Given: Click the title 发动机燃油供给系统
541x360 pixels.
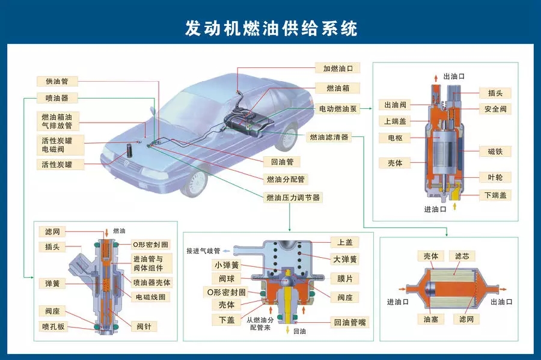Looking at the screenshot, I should coord(270,28).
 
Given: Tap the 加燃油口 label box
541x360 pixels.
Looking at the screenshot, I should coord(338,69).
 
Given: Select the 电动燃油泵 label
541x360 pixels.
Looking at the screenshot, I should coord(338,109).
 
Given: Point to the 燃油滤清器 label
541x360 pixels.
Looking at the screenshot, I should coord(328,137).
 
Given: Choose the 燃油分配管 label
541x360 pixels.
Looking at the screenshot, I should coord(285,179).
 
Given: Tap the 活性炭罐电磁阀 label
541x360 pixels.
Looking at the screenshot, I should coord(57,144).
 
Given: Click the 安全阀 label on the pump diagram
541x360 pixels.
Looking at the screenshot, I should coord(495,109).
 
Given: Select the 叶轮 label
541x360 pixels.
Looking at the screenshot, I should coord(495,177).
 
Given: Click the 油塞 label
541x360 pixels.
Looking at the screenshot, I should coord(430,319).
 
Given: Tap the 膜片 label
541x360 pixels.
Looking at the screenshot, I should coord(345,278).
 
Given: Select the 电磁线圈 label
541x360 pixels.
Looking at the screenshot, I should coord(151,297).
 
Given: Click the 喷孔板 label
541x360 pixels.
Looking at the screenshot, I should coord(53,326).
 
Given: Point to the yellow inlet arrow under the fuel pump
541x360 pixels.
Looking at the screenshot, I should coord(454,206).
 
